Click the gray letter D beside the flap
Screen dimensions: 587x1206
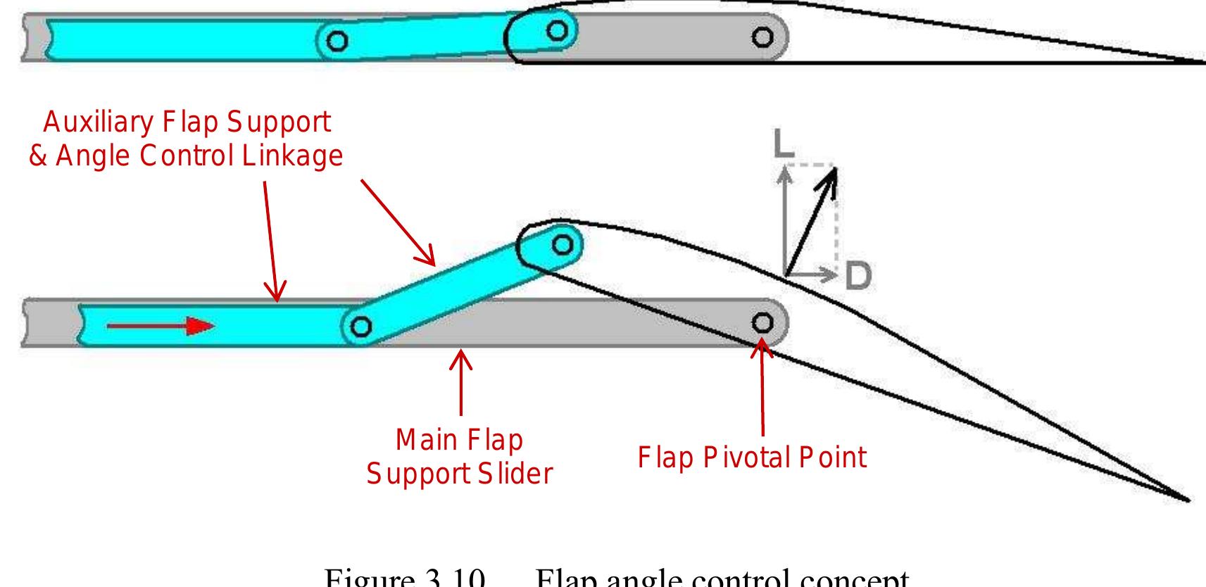[x=858, y=275]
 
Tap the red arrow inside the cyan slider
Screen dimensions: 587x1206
[x=160, y=326]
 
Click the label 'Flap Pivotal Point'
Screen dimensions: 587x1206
[x=751, y=457]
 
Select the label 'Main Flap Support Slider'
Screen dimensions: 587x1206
[x=459, y=457]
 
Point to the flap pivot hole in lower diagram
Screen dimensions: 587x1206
[x=762, y=323]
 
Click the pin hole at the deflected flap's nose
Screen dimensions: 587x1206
[x=562, y=245]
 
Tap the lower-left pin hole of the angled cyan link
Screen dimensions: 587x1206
[x=360, y=327]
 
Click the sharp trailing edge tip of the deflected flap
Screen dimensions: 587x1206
[x=1187, y=500]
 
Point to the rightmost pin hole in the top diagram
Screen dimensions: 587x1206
[x=762, y=37]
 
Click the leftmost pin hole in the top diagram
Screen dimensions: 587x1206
[x=337, y=42]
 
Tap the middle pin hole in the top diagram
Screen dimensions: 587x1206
[x=557, y=30]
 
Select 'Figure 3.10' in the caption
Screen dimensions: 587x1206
[x=405, y=579]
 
